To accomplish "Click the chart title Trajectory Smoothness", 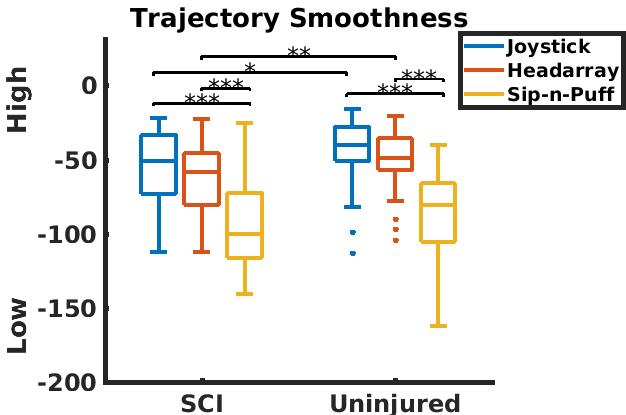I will tap(299, 18).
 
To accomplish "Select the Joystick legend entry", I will tap(548, 47).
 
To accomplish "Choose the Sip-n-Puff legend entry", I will tap(561, 95).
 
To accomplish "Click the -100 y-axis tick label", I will tap(66, 235).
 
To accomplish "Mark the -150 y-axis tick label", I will tap(66, 308).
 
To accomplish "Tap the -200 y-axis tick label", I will tap(66, 383).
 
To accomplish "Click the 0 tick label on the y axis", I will tap(88, 86).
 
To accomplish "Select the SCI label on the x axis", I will tap(202, 403).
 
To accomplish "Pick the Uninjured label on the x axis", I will tap(396, 403).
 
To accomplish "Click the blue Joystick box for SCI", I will tap(158, 164).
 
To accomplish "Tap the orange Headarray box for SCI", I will tap(202, 179).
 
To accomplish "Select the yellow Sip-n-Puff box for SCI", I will tap(245, 225).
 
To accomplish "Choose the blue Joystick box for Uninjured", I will tap(352, 144).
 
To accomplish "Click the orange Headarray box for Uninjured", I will tap(395, 154).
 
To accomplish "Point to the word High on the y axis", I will tap(18, 106).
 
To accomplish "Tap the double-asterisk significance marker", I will tap(298, 52).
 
